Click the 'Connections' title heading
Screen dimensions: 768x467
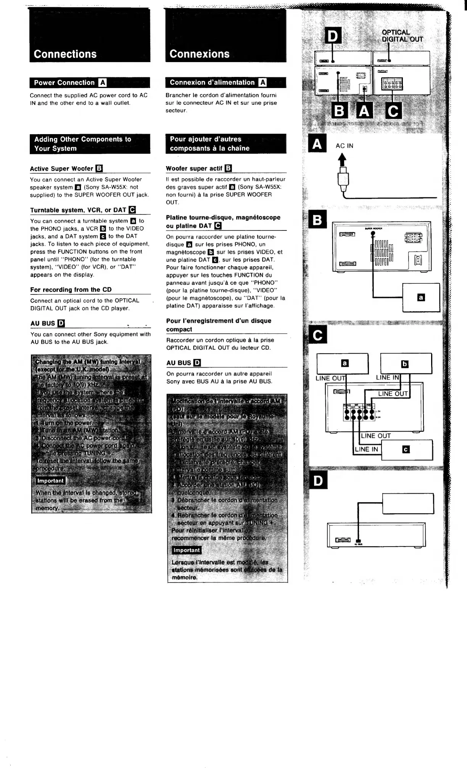[x=65, y=54]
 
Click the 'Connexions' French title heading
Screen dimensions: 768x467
[x=200, y=54]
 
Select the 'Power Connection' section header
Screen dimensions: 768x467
[x=64, y=83]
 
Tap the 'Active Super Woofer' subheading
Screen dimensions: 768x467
[x=61, y=169]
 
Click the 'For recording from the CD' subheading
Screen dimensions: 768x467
[x=71, y=290]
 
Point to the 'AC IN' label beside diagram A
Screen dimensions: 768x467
[x=345, y=146]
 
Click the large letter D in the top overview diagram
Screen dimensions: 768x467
[x=333, y=36]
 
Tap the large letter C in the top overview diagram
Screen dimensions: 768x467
[x=393, y=111]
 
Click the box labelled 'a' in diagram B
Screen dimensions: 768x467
[x=421, y=298]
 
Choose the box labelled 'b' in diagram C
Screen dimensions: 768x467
[x=406, y=364]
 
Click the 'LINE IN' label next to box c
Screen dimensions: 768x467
[x=366, y=449]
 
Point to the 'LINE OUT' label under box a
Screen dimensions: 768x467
[x=331, y=378]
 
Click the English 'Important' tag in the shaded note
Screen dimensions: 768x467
[x=50, y=481]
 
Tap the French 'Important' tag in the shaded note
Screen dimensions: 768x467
[x=187, y=550]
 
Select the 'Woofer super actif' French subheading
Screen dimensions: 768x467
[x=194, y=168]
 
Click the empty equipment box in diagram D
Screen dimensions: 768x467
[x=408, y=504]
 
